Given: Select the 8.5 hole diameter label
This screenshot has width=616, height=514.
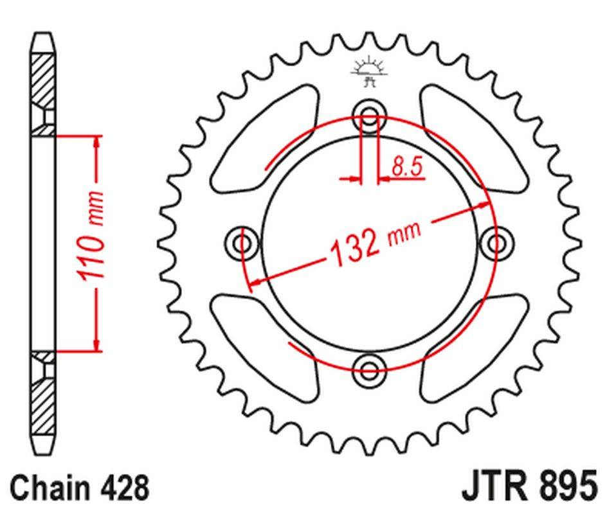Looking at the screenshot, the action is coord(407,166).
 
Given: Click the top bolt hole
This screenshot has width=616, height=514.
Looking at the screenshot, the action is coord(369,116).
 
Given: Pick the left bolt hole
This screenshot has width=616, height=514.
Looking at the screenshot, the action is coord(242,244).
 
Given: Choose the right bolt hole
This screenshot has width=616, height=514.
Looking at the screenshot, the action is coord(496,244).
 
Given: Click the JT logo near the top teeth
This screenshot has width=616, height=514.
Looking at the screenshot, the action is coord(369,71).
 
